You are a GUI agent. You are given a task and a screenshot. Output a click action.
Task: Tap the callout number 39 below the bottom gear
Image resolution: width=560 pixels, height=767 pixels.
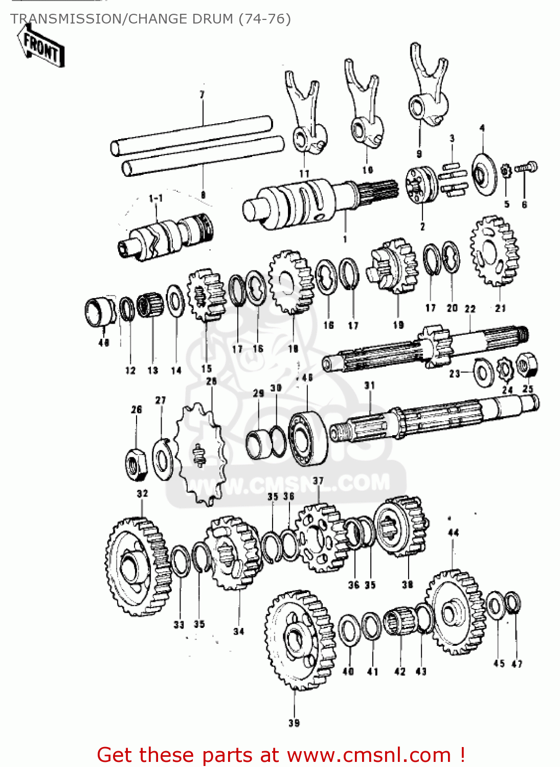(x=294, y=723)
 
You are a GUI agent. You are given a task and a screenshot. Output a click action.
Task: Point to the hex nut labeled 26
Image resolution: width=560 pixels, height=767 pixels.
(x=136, y=464)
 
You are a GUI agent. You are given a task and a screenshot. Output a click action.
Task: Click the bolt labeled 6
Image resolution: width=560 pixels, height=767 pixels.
(x=527, y=167)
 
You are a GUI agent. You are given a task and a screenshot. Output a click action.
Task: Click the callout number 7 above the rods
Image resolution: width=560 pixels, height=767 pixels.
(x=202, y=95)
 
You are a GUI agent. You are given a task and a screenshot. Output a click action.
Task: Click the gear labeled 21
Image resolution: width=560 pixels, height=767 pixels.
(x=494, y=251)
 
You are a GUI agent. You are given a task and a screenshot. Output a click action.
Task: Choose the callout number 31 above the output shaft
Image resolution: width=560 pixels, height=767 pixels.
(x=369, y=385)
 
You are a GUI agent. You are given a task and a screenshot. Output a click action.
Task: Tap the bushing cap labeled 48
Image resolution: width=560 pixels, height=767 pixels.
(x=99, y=311)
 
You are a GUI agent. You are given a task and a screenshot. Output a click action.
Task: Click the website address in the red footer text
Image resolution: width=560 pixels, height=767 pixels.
(x=368, y=755)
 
